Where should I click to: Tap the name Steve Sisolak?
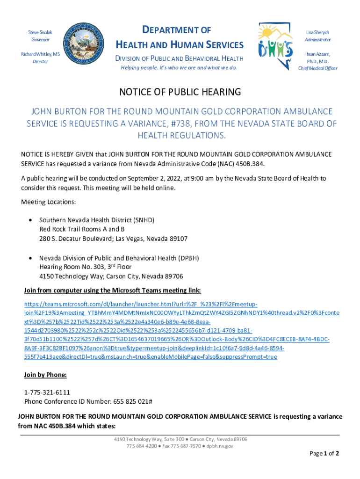[x=40, y=32]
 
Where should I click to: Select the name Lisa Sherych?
[x=318, y=32]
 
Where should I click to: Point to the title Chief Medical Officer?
[x=318, y=68]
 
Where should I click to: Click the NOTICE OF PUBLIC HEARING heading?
[x=180, y=92]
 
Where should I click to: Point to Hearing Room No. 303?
[x=75, y=267]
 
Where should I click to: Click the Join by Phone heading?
[x=45, y=375]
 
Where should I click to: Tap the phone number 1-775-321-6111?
[x=47, y=392]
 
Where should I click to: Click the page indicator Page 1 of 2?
[x=324, y=453]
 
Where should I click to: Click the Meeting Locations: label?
[x=49, y=202]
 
